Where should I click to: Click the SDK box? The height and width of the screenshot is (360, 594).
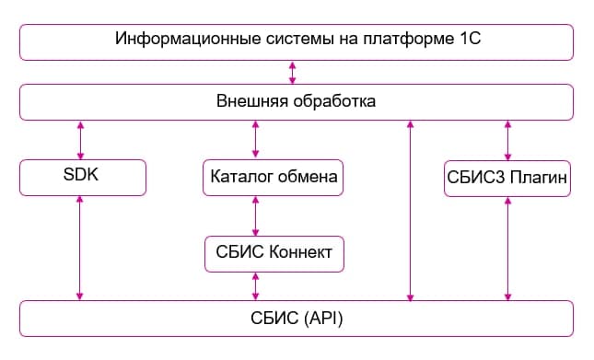point(82,177)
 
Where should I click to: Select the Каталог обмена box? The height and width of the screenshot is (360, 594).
point(273,177)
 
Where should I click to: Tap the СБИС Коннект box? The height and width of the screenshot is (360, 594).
point(274,253)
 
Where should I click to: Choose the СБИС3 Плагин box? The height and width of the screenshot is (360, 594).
point(507,177)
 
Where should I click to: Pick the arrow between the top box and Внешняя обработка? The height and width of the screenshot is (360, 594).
point(293,72)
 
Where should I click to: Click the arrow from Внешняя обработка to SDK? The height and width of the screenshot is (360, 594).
point(81,139)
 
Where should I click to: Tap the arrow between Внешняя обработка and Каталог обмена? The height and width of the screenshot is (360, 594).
point(255,139)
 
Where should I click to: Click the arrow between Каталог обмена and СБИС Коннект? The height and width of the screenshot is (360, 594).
point(255,215)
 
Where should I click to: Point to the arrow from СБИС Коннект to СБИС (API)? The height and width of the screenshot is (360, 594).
point(255,285)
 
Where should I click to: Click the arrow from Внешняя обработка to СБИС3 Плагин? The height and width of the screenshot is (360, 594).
point(507,139)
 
